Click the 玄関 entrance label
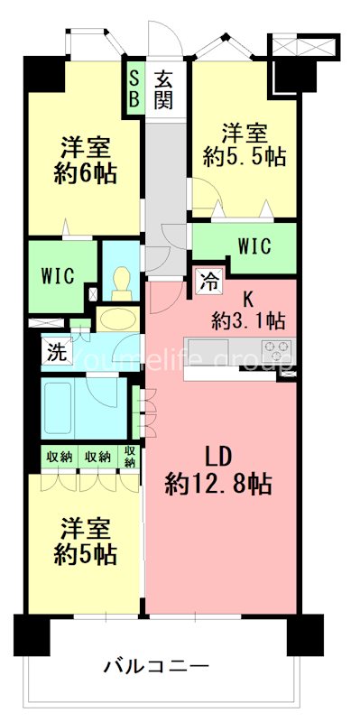tap(162, 88)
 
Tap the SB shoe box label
tap(134, 88)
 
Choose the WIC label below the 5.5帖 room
tap(255, 245)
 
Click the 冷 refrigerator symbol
tap(208, 282)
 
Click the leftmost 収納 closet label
tap(60, 457)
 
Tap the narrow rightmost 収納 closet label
tap(130, 457)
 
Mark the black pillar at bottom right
tap(304, 635)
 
